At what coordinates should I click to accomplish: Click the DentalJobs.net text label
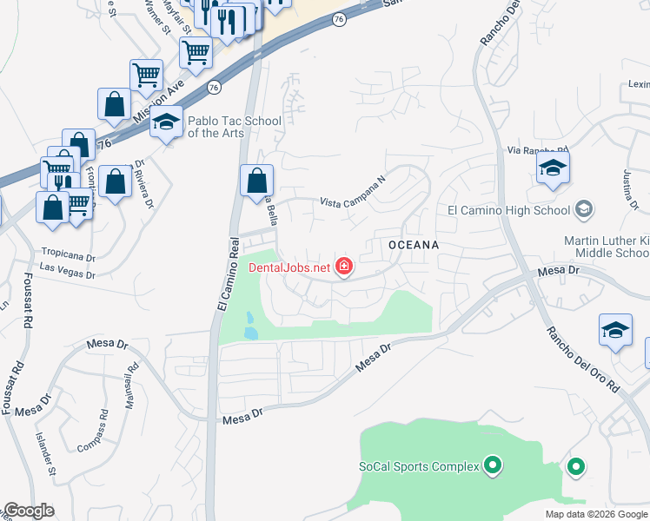coord(290,267)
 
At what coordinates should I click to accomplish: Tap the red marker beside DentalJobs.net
coord(344,266)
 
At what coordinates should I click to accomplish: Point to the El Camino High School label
coord(508,209)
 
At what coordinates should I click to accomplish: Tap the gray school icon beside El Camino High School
coord(584,209)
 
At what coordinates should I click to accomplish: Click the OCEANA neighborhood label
coord(413,246)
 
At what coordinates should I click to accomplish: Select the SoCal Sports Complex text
coord(420,466)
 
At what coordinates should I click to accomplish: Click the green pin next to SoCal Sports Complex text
coord(493,466)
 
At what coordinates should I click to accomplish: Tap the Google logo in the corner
coord(29,511)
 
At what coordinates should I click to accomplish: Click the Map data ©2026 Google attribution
coord(596,514)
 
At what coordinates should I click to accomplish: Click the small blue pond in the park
coord(250,326)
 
